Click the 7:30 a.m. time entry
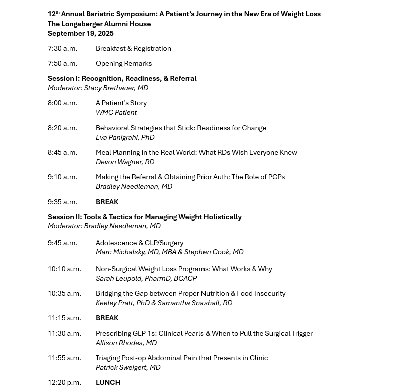(62, 49)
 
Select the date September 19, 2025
(80, 34)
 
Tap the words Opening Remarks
(123, 64)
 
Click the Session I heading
(122, 79)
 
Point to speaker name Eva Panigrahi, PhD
(125, 137)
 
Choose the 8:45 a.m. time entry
(62, 153)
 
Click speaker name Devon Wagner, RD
(125, 162)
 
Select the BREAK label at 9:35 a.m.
(107, 202)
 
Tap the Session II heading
(144, 217)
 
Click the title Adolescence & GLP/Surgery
(139, 243)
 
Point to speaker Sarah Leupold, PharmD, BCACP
(146, 279)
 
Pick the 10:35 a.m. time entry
(64, 294)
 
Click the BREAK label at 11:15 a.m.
(107, 318)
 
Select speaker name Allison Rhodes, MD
(126, 343)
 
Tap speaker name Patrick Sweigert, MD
(128, 368)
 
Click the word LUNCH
(108, 383)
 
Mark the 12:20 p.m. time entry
(64, 383)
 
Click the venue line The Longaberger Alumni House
(99, 24)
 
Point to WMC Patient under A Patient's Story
(116, 113)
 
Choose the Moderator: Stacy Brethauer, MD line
(98, 88)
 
